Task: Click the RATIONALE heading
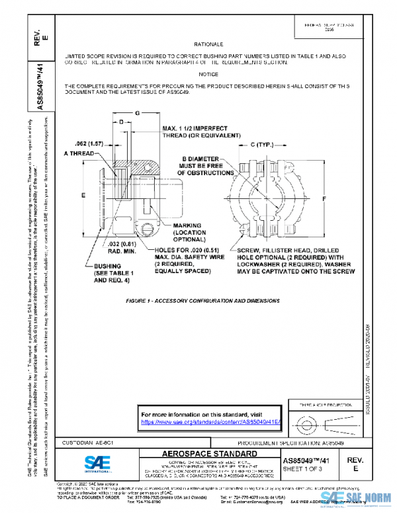click(208, 44)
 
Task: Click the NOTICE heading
click(208, 74)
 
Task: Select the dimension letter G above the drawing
click(137, 113)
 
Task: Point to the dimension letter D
click(121, 122)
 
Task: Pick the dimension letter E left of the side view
click(83, 196)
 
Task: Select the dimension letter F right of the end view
click(324, 198)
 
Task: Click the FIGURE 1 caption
click(204, 300)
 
